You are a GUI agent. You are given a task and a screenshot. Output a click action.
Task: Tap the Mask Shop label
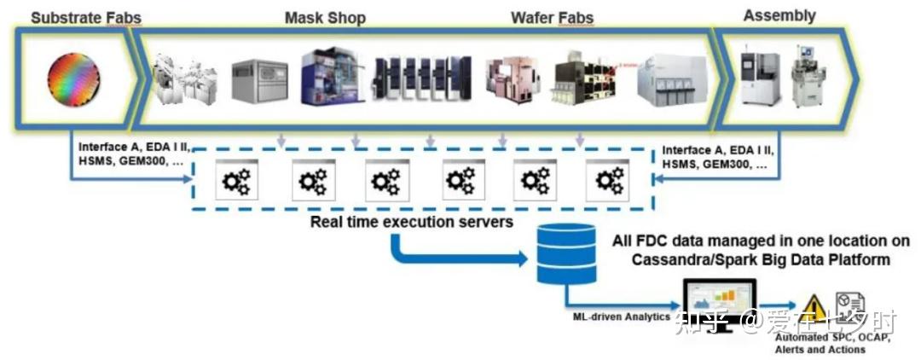coord(324,17)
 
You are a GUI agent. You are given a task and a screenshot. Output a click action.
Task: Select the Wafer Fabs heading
coord(552,17)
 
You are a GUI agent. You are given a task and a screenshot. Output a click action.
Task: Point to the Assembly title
coord(779,15)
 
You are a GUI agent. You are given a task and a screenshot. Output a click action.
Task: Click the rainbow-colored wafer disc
coord(70,81)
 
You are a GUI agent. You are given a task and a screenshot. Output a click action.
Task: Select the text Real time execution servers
coord(411,222)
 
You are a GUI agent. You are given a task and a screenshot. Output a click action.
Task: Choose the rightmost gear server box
coord(608,179)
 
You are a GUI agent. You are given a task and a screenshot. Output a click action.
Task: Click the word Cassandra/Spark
coord(688,259)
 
